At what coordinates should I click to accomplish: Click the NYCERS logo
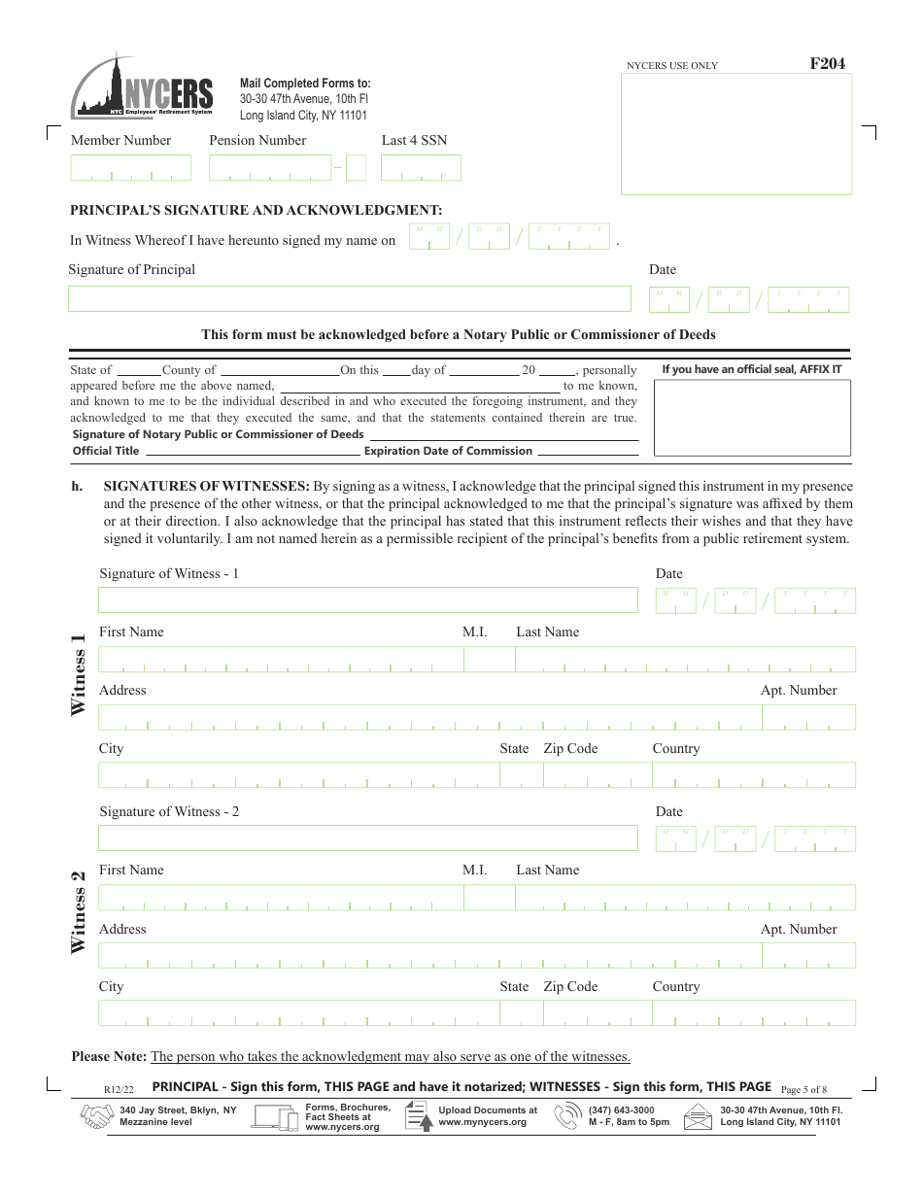[142, 87]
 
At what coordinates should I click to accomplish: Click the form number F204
[827, 64]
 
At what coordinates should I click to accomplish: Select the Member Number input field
[131, 168]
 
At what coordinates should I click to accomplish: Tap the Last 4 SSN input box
[421, 168]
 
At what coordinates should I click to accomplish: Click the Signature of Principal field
[349, 298]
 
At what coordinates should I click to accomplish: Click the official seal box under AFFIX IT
[752, 418]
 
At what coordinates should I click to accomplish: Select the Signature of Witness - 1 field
[367, 599]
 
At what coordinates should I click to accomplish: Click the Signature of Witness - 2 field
[367, 837]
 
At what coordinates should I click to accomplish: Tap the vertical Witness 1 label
[79, 674]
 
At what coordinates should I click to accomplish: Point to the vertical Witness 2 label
[79, 912]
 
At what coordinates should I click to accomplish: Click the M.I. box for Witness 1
[489, 660]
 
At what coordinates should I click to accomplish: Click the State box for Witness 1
[520, 774]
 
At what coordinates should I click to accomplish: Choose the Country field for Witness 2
[753, 1013]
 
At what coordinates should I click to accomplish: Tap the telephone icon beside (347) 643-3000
[567, 1116]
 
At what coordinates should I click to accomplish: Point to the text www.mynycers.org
[482, 1122]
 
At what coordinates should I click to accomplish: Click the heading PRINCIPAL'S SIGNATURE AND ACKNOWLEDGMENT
[256, 210]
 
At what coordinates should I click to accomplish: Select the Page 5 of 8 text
[803, 1089]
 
